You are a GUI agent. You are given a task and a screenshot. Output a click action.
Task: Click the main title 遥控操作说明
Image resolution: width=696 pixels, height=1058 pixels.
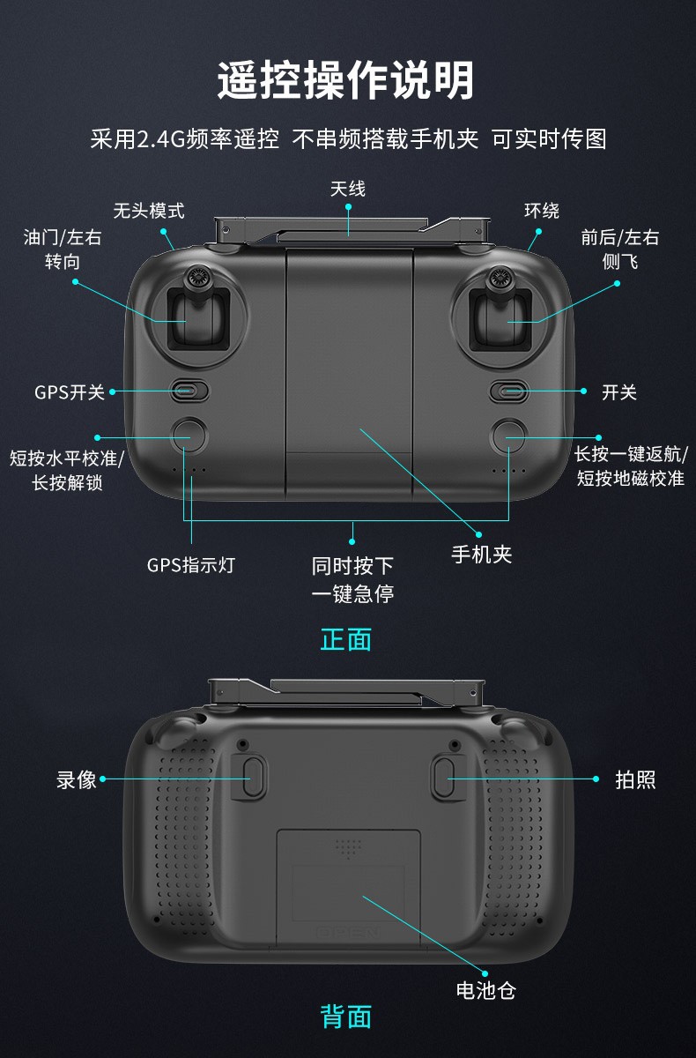(x=346, y=80)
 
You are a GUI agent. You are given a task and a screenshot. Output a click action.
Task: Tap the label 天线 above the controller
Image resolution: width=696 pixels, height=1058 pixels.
(x=348, y=189)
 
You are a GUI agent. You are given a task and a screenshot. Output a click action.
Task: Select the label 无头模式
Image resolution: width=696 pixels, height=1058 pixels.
(x=149, y=211)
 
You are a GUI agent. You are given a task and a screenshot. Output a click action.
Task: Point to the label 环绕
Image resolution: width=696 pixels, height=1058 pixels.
(x=542, y=211)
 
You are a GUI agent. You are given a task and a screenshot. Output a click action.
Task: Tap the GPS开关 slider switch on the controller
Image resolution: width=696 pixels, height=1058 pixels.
(x=189, y=391)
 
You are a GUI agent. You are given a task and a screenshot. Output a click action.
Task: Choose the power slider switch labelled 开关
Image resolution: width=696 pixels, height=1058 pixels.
(x=509, y=391)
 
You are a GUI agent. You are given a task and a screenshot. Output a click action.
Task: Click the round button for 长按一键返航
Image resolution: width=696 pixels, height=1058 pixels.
(x=508, y=436)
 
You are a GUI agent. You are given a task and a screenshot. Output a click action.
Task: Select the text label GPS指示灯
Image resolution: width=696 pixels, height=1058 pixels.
(x=191, y=565)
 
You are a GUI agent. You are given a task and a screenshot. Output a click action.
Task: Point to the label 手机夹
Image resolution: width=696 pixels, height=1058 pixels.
(x=482, y=554)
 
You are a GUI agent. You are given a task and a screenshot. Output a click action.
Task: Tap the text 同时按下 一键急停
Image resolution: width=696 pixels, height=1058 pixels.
(x=352, y=579)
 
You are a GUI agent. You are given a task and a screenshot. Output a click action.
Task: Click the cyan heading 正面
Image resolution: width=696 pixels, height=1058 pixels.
(x=346, y=639)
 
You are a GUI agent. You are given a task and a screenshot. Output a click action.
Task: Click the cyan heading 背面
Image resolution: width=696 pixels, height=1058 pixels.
(x=346, y=1016)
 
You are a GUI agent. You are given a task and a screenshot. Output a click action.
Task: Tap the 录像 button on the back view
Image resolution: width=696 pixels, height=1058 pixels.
(x=253, y=778)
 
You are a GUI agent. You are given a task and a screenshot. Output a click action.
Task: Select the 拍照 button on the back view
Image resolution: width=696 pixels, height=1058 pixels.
(x=443, y=778)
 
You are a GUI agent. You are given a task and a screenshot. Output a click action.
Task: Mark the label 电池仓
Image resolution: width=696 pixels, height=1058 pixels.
(x=486, y=990)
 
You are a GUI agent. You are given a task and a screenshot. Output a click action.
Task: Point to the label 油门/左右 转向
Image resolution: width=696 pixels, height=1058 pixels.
(x=63, y=249)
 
